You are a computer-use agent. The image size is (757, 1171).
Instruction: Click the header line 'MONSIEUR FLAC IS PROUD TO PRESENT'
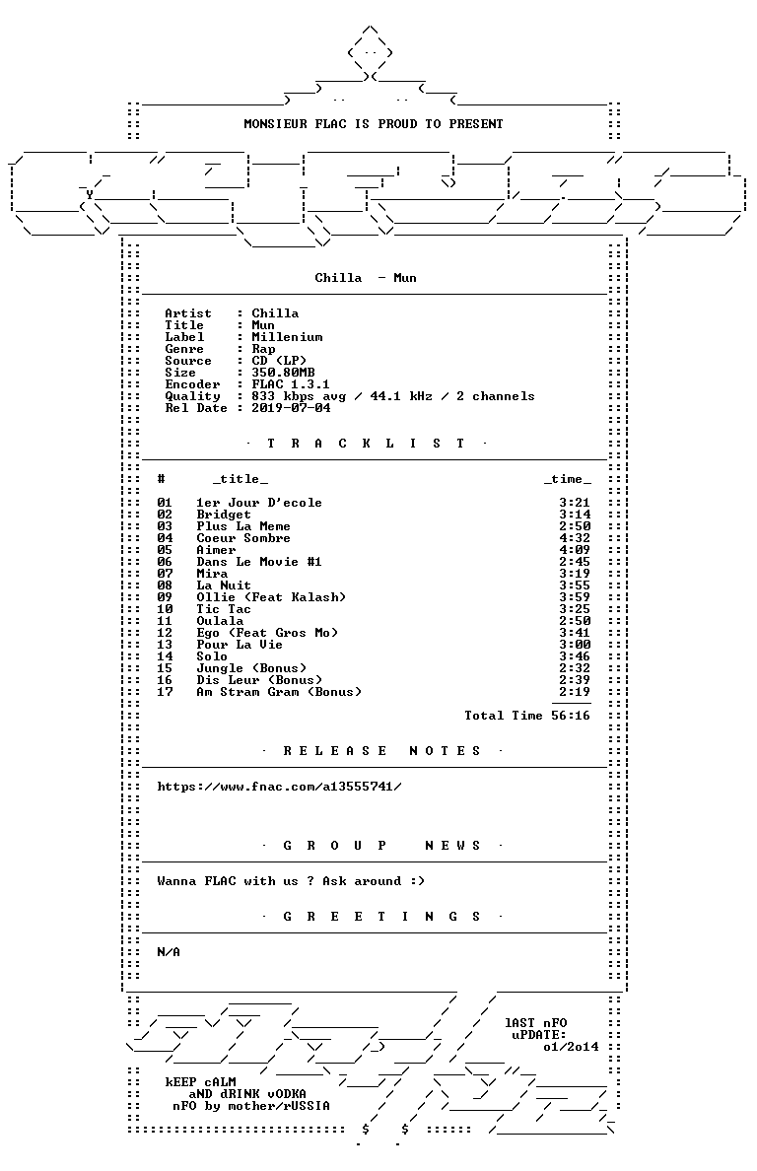point(374,124)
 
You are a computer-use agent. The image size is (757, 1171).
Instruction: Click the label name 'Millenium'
point(288,337)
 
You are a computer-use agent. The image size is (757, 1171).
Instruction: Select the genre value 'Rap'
point(263,350)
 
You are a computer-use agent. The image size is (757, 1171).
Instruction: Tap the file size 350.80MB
point(283,373)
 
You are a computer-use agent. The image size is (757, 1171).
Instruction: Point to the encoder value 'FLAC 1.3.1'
point(291,384)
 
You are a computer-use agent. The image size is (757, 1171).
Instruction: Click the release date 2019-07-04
point(291,408)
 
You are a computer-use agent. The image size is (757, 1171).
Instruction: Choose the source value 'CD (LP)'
point(279,361)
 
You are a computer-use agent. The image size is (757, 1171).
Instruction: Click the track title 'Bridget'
point(224,515)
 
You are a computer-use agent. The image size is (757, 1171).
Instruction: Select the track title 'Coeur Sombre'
point(243,538)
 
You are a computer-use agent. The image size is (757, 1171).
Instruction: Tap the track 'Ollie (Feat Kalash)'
point(271,597)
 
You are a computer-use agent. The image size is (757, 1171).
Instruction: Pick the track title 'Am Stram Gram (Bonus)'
point(279,692)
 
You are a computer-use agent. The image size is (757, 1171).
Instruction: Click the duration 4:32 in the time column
point(575,538)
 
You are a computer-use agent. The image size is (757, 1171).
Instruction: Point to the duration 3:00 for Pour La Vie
point(575,645)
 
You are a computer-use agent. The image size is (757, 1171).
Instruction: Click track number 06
point(165,562)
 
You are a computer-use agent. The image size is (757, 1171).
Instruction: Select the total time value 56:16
point(571,716)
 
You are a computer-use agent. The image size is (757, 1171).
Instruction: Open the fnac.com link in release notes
point(279,787)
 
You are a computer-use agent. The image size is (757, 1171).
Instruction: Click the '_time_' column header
point(568,479)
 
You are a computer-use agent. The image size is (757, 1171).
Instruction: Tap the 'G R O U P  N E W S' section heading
point(382,846)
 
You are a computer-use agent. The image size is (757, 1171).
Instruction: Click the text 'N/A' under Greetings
point(169,952)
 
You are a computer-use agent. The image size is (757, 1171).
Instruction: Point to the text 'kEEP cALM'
point(201,1082)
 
